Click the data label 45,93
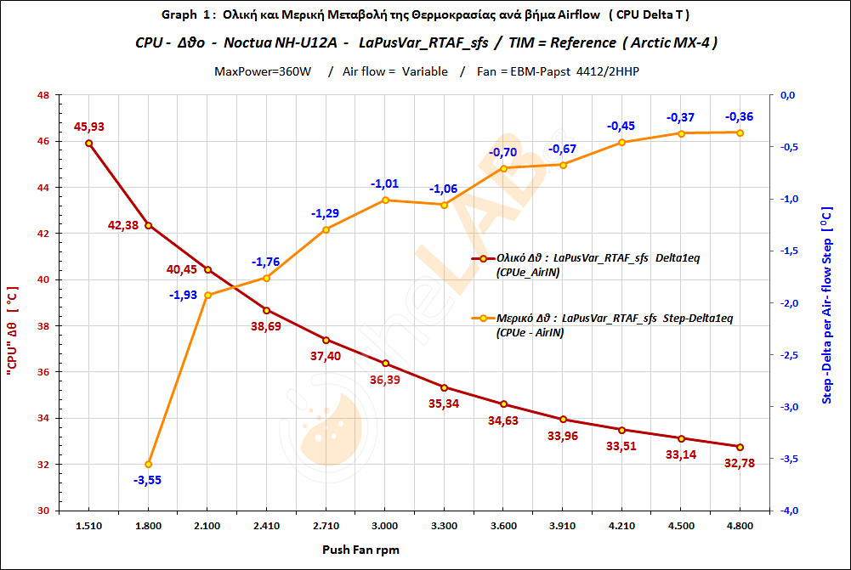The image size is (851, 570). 89,127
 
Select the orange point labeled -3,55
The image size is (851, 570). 148,464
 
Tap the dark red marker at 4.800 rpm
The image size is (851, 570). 740,447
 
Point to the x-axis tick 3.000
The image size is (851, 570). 385,527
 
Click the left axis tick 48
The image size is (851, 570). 42,95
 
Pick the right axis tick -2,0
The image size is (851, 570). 788,303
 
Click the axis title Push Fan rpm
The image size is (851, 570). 360,550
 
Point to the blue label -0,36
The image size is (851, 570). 740,116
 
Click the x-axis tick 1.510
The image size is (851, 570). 88,527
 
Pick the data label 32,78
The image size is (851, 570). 738,463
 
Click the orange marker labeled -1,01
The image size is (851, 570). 385,200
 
